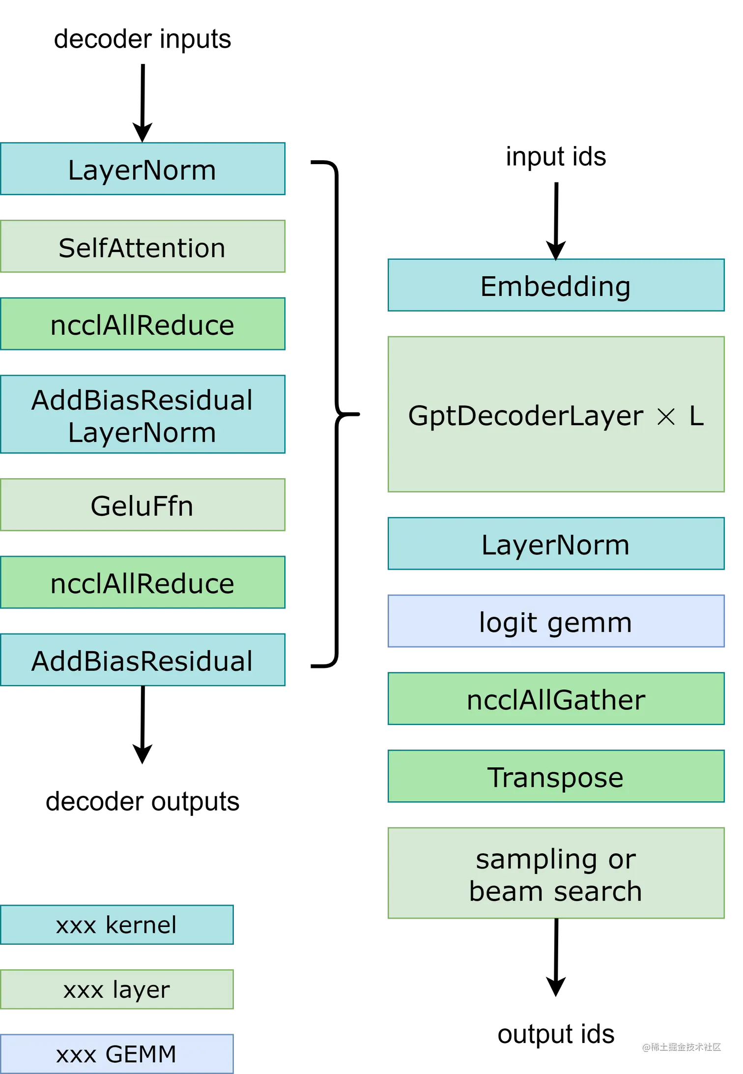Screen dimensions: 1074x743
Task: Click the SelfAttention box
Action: pos(143,247)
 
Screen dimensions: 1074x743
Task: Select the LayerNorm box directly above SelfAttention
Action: pos(143,170)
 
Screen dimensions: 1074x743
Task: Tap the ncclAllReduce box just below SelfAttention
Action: pos(143,325)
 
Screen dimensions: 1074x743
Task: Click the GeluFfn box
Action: pos(143,506)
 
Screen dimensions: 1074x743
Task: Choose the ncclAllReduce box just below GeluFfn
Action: pos(143,583)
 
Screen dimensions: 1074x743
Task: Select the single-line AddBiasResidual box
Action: pos(143,661)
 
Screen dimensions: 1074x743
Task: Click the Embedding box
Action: pos(556,286)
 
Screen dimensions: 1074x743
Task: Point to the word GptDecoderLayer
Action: pos(525,416)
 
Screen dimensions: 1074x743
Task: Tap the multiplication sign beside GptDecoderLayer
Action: pos(666,417)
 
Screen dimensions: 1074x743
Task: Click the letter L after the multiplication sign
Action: pos(696,416)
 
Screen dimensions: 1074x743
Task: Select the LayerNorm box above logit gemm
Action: pos(556,545)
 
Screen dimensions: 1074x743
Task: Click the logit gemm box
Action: pos(556,622)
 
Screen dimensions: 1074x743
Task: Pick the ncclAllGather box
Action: pos(556,699)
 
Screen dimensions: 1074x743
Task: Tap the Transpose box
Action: pos(556,777)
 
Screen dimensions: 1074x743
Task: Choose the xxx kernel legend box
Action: pos(117,925)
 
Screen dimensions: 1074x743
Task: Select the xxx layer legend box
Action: pos(117,989)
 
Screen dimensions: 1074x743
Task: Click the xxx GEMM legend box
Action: pos(117,1053)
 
